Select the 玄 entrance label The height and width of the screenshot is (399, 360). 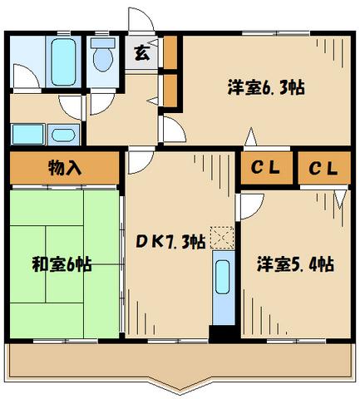click(x=141, y=54)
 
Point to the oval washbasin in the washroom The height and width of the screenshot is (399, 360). click(x=61, y=134)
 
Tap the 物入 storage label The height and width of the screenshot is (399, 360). click(x=64, y=167)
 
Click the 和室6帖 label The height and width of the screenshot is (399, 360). click(x=62, y=265)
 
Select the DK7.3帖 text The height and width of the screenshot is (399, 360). click(x=170, y=244)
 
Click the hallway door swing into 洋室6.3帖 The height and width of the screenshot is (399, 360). click(x=172, y=129)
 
